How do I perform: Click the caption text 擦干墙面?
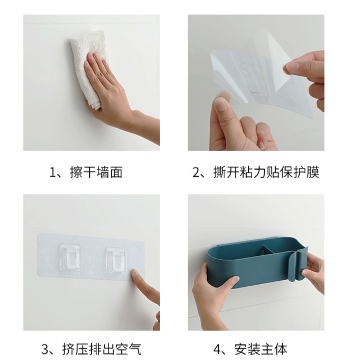point(96,172)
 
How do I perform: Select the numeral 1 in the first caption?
point(53,173)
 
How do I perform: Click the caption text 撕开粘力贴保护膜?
point(266,172)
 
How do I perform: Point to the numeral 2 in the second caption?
point(197,173)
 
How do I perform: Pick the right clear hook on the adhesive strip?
point(116,260)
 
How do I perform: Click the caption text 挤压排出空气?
point(102,349)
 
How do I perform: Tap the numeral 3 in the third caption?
point(45,349)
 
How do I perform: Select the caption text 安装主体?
point(261,349)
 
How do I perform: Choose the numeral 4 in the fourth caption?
point(218,349)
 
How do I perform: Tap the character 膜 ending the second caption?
point(312,172)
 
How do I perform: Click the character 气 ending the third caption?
point(135,349)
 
